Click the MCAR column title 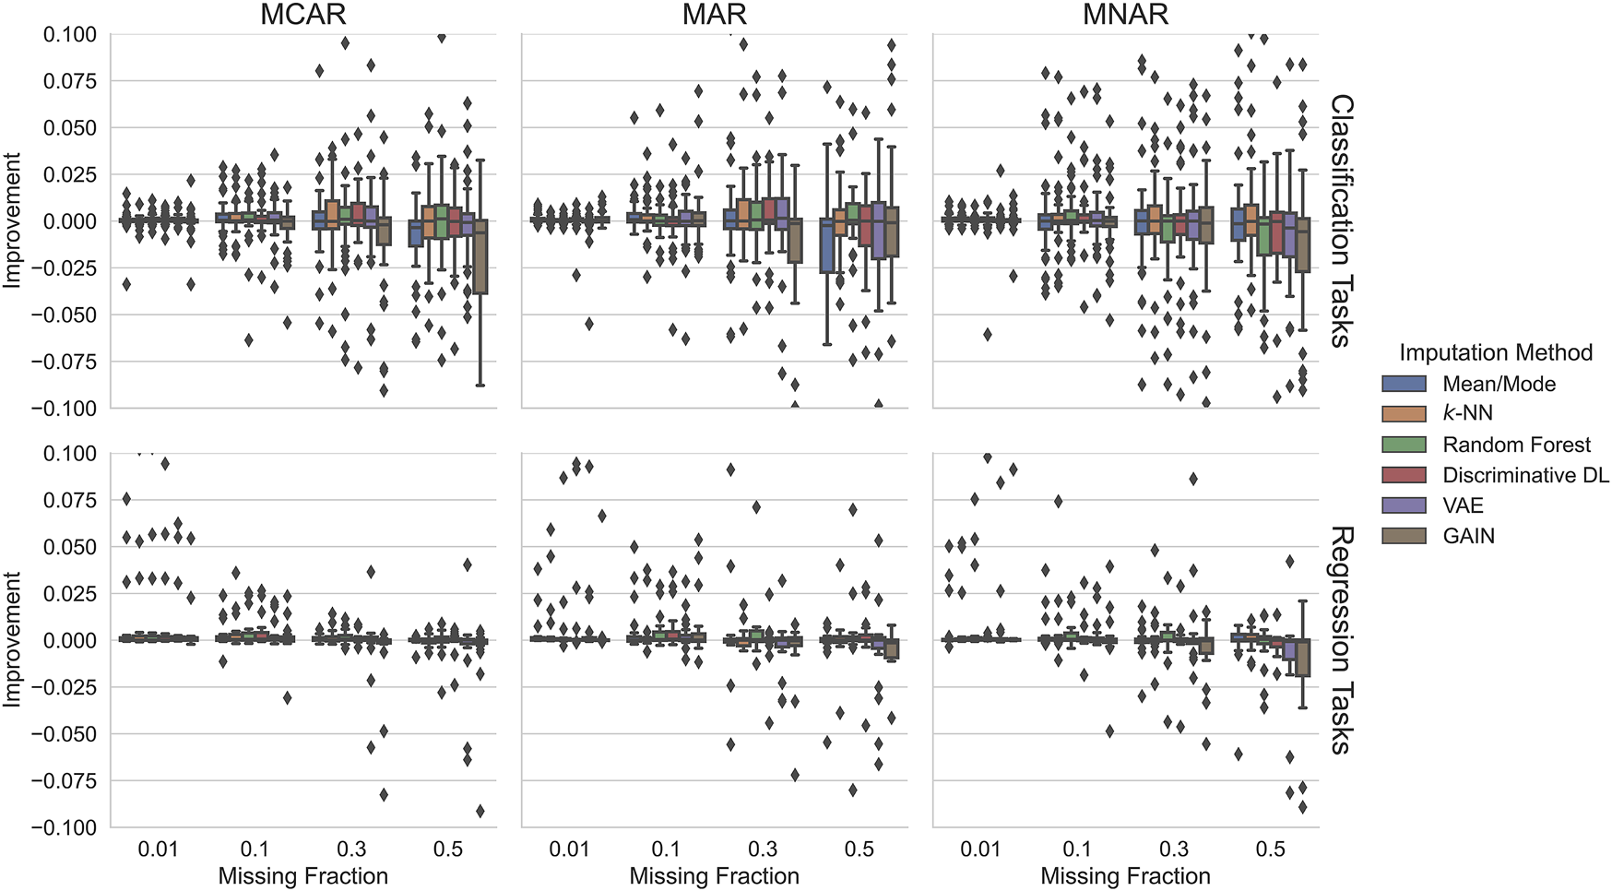click(303, 14)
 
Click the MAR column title click(715, 14)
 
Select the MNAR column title click(1126, 14)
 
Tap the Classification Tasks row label click(1342, 220)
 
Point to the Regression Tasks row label click(1342, 640)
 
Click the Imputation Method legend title click(1495, 352)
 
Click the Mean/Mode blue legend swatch click(1404, 384)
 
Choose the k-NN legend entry click(1467, 413)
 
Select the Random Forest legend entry click(1516, 445)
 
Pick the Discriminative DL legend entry click(1525, 475)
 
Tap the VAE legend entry click(1463, 505)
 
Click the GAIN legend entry click(1468, 536)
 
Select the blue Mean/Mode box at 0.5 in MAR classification click(827, 247)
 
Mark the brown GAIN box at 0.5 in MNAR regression click(1303, 657)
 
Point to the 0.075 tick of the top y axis click(69, 81)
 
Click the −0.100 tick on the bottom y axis click(65, 827)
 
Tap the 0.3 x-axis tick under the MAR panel click(762, 849)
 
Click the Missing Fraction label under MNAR click(1125, 876)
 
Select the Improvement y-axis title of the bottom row click(12, 640)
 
